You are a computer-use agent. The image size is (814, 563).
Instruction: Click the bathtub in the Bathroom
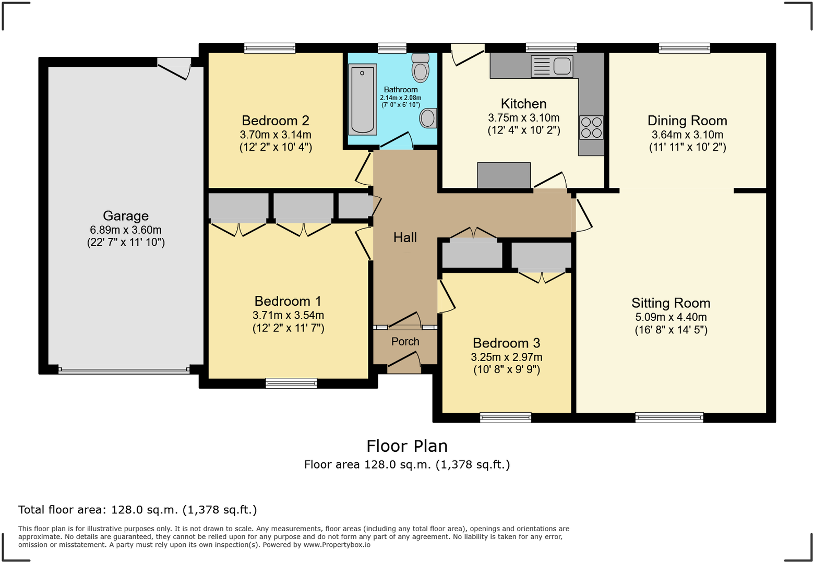362,99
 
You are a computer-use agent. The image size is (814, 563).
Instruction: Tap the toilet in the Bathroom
420,69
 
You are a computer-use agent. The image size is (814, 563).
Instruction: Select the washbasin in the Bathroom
428,118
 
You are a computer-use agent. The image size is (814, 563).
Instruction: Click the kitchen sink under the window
552,66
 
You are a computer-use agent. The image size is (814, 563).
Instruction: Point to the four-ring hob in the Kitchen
591,127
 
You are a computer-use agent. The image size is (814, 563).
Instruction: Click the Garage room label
126,215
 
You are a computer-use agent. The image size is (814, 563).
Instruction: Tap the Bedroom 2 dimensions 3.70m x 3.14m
276,135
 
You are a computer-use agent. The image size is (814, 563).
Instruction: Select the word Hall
405,237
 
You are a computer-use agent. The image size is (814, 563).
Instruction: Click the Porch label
405,341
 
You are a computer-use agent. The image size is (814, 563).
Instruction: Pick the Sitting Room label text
671,303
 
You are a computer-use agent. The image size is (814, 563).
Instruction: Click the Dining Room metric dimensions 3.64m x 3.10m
687,135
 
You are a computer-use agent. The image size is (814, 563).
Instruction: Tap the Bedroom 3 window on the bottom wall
505,417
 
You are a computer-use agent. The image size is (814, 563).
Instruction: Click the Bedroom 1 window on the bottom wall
291,383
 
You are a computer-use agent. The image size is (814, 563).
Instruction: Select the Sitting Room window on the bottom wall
669,417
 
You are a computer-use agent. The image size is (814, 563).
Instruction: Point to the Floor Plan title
407,446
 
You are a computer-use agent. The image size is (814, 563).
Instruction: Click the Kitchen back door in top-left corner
468,54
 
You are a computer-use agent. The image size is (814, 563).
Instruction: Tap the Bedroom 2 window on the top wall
270,48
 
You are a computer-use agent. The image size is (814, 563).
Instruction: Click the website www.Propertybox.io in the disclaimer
337,545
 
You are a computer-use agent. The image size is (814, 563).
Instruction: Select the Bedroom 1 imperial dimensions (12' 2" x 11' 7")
288,328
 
